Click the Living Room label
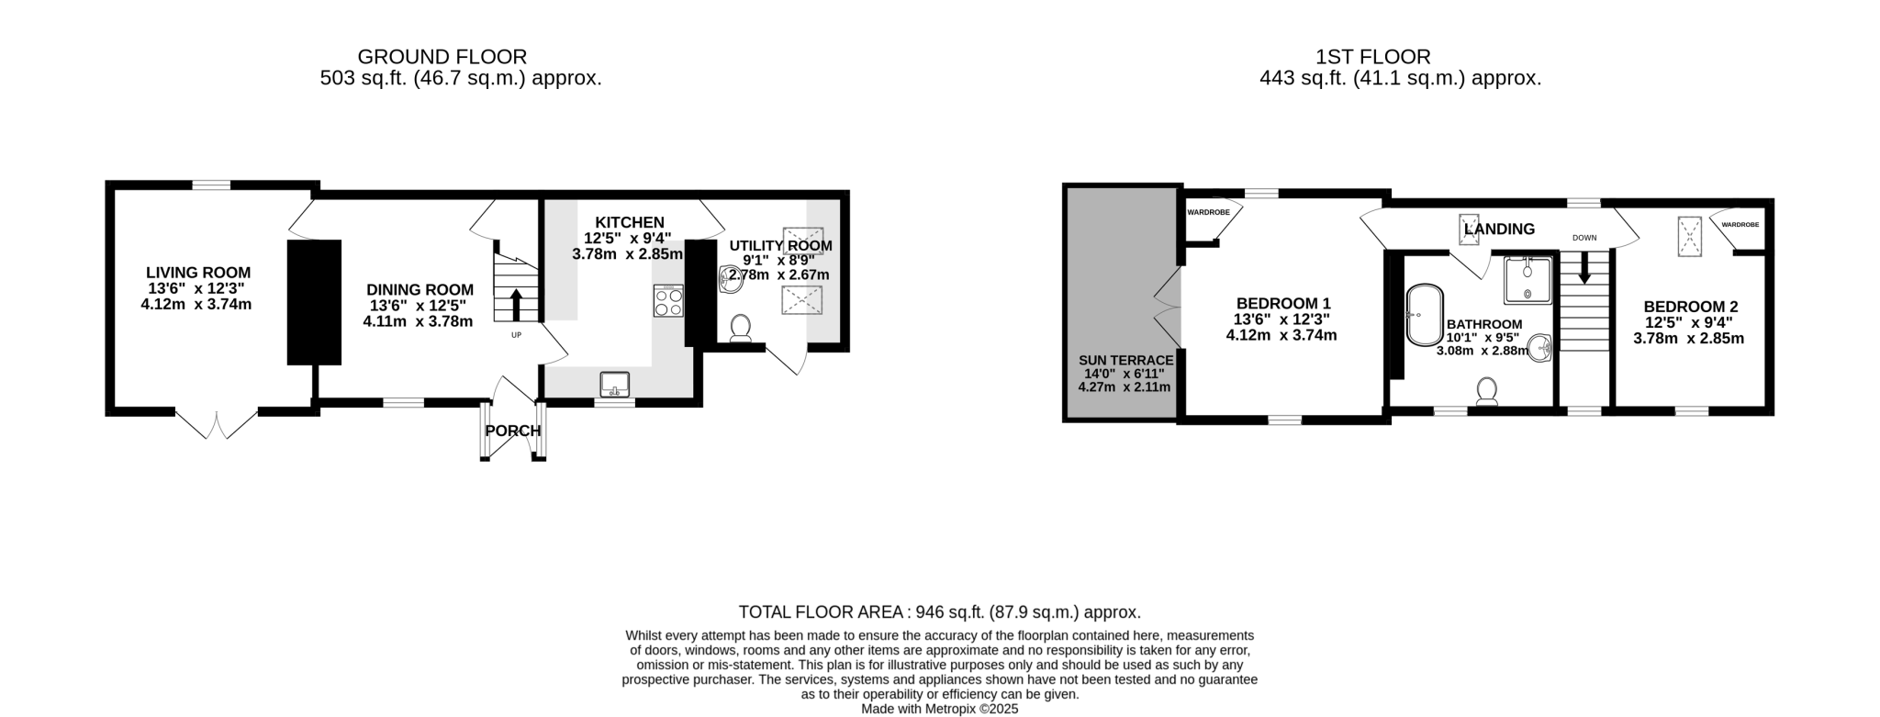click(x=198, y=273)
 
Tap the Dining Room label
click(x=420, y=290)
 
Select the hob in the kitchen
click(x=668, y=301)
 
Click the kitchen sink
click(x=615, y=385)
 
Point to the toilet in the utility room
click(x=740, y=329)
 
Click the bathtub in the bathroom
click(x=1425, y=315)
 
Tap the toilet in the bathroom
click(x=1487, y=392)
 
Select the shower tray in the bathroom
click(x=1527, y=280)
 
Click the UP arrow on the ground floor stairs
click(x=515, y=304)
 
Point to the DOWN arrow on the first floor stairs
click(x=1584, y=267)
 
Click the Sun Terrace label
click(x=1125, y=361)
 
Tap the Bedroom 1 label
click(x=1282, y=303)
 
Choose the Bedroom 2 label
click(x=1690, y=307)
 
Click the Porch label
click(x=513, y=431)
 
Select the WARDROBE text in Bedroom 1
click(x=1208, y=212)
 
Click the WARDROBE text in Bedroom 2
click(x=1740, y=224)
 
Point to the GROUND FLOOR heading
click(x=442, y=57)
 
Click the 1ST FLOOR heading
click(x=1373, y=57)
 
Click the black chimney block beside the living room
click(x=314, y=302)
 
